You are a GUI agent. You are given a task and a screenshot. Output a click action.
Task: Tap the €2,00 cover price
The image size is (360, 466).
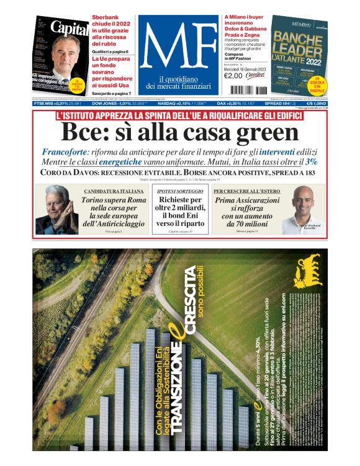[x=233, y=76]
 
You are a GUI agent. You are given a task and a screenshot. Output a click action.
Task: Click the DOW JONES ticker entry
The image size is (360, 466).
[x=112, y=103]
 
